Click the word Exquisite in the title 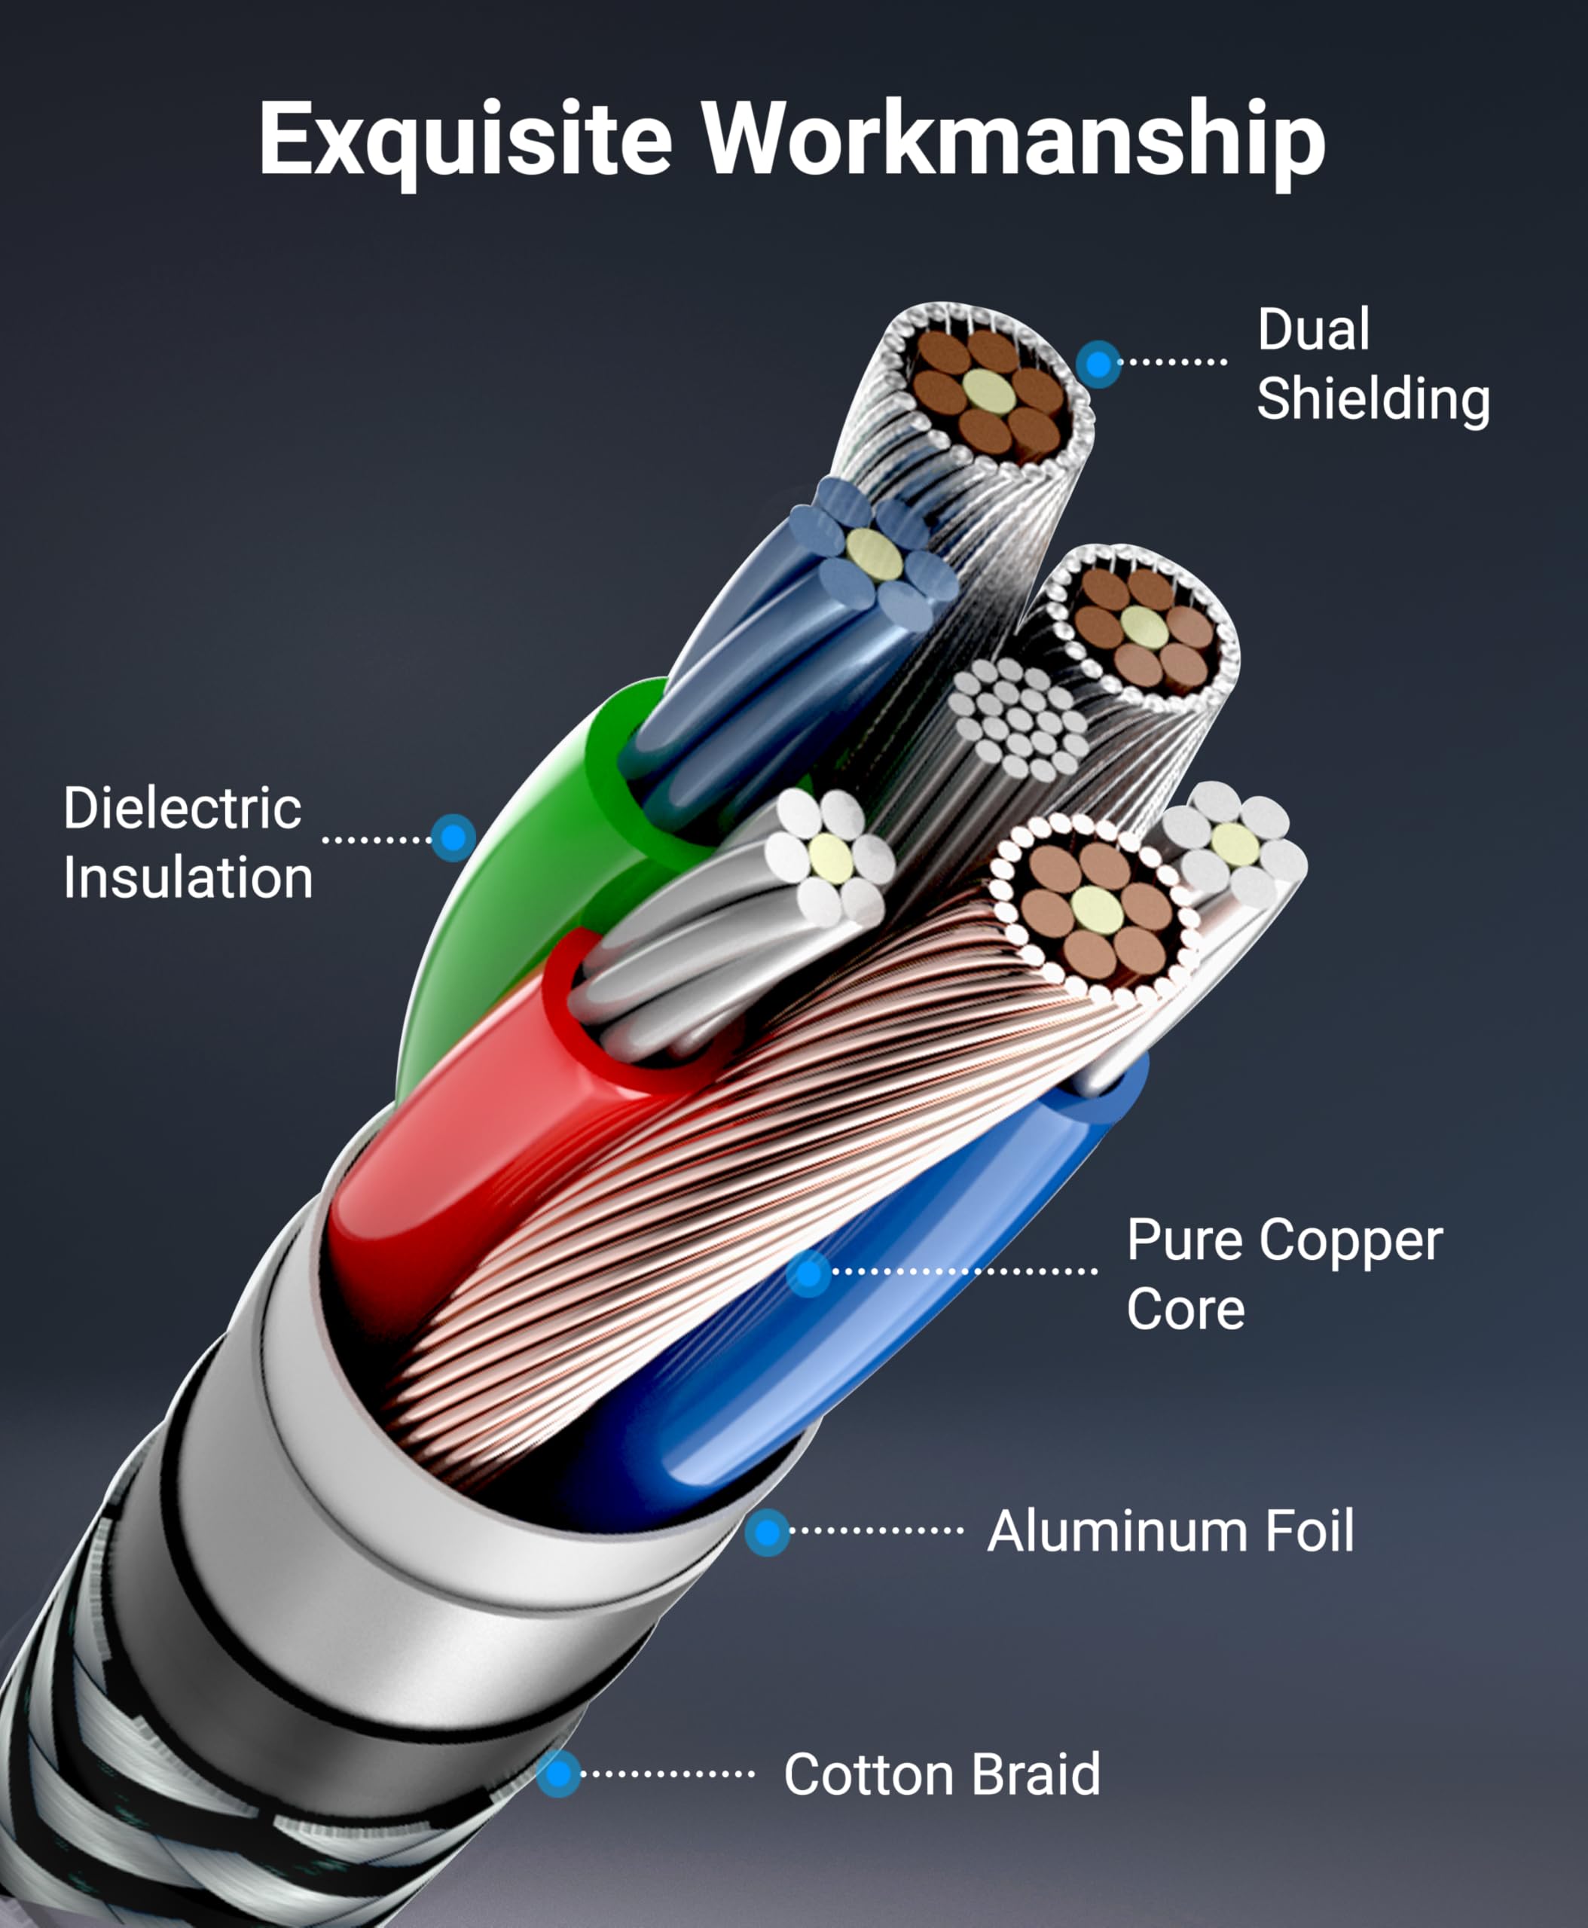coord(465,139)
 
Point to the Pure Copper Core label coord(1284,1274)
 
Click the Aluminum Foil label coord(1170,1531)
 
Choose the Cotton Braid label coord(942,1774)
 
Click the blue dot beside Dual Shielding coord(1098,364)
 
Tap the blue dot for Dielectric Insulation coord(453,837)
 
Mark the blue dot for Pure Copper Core coord(808,1272)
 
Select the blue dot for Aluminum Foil coord(767,1531)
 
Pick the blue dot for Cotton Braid coord(558,1774)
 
